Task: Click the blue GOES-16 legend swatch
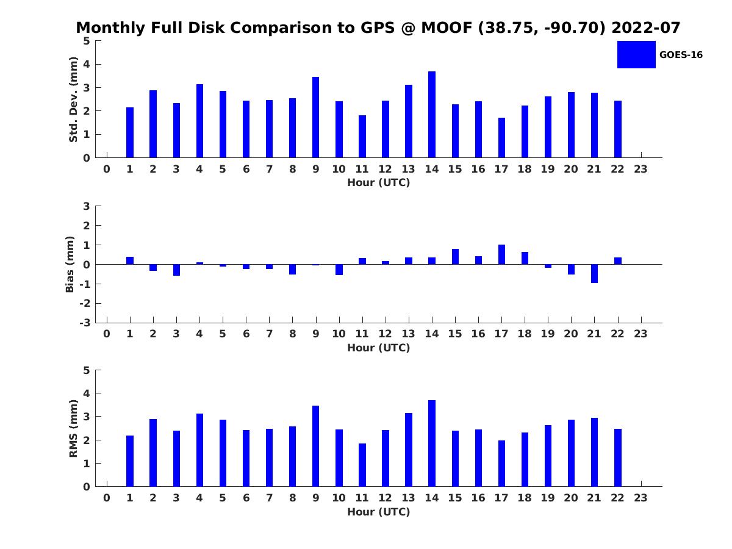pos(636,54)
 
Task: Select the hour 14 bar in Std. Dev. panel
pos(432,115)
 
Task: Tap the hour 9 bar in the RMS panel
pos(315,446)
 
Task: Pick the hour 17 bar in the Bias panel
pos(501,254)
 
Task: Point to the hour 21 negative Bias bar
pos(594,273)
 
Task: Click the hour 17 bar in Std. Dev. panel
pos(501,138)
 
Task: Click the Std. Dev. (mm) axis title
pos(73,99)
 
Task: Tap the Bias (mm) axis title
pos(70,264)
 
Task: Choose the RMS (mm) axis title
pos(73,428)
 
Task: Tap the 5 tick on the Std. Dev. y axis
pos(87,41)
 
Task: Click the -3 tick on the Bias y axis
pos(85,323)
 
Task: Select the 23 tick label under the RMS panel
pos(640,498)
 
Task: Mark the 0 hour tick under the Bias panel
pos(107,334)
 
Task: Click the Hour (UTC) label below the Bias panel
pos(378,348)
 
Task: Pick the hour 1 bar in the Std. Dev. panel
pos(130,132)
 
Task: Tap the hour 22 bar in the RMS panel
pos(617,457)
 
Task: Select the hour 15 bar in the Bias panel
pos(455,257)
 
